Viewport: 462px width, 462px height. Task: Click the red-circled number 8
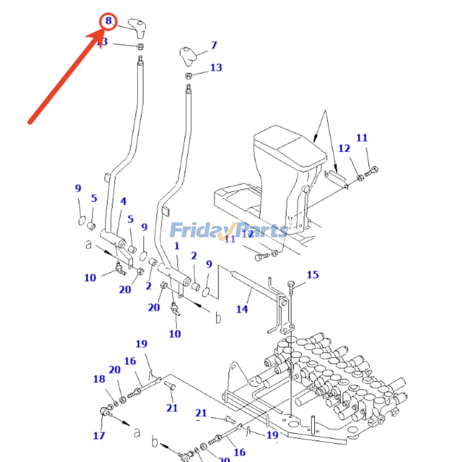click(x=108, y=21)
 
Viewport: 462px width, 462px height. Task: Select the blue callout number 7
click(x=214, y=45)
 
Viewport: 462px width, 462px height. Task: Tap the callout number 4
click(x=123, y=201)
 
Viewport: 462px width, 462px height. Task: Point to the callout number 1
click(x=177, y=246)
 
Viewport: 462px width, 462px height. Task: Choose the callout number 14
click(x=242, y=309)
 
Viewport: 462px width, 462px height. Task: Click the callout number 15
click(x=313, y=275)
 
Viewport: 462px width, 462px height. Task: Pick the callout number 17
click(x=99, y=435)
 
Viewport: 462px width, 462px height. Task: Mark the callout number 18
click(x=99, y=379)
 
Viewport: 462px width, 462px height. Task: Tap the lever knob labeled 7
click(x=188, y=56)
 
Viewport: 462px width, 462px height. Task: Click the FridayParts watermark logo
click(x=228, y=230)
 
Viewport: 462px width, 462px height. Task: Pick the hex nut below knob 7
click(x=189, y=76)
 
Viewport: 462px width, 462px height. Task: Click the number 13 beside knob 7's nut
click(x=216, y=68)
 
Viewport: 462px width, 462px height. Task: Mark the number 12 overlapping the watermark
click(x=247, y=234)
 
